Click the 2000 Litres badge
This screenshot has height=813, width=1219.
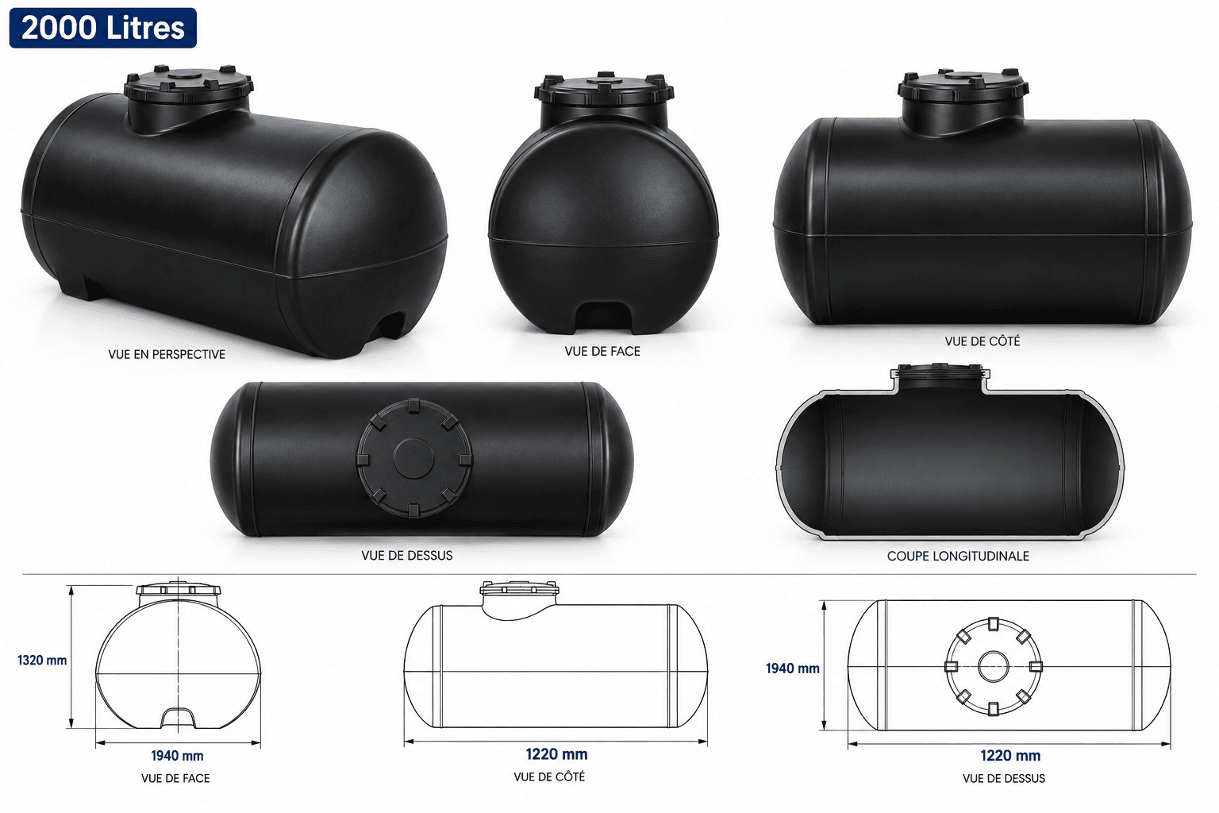point(103,28)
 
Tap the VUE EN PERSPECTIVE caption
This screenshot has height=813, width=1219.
point(167,354)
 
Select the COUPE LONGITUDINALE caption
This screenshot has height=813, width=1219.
point(958,556)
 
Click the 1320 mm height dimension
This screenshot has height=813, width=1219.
point(42,660)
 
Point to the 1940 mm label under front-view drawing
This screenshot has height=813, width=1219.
point(178,756)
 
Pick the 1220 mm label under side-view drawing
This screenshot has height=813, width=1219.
point(556,754)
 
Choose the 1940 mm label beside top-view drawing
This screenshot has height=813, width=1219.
point(792,669)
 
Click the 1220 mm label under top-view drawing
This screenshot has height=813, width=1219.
point(1010,755)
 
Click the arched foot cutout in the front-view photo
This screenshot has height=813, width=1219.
point(603,317)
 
